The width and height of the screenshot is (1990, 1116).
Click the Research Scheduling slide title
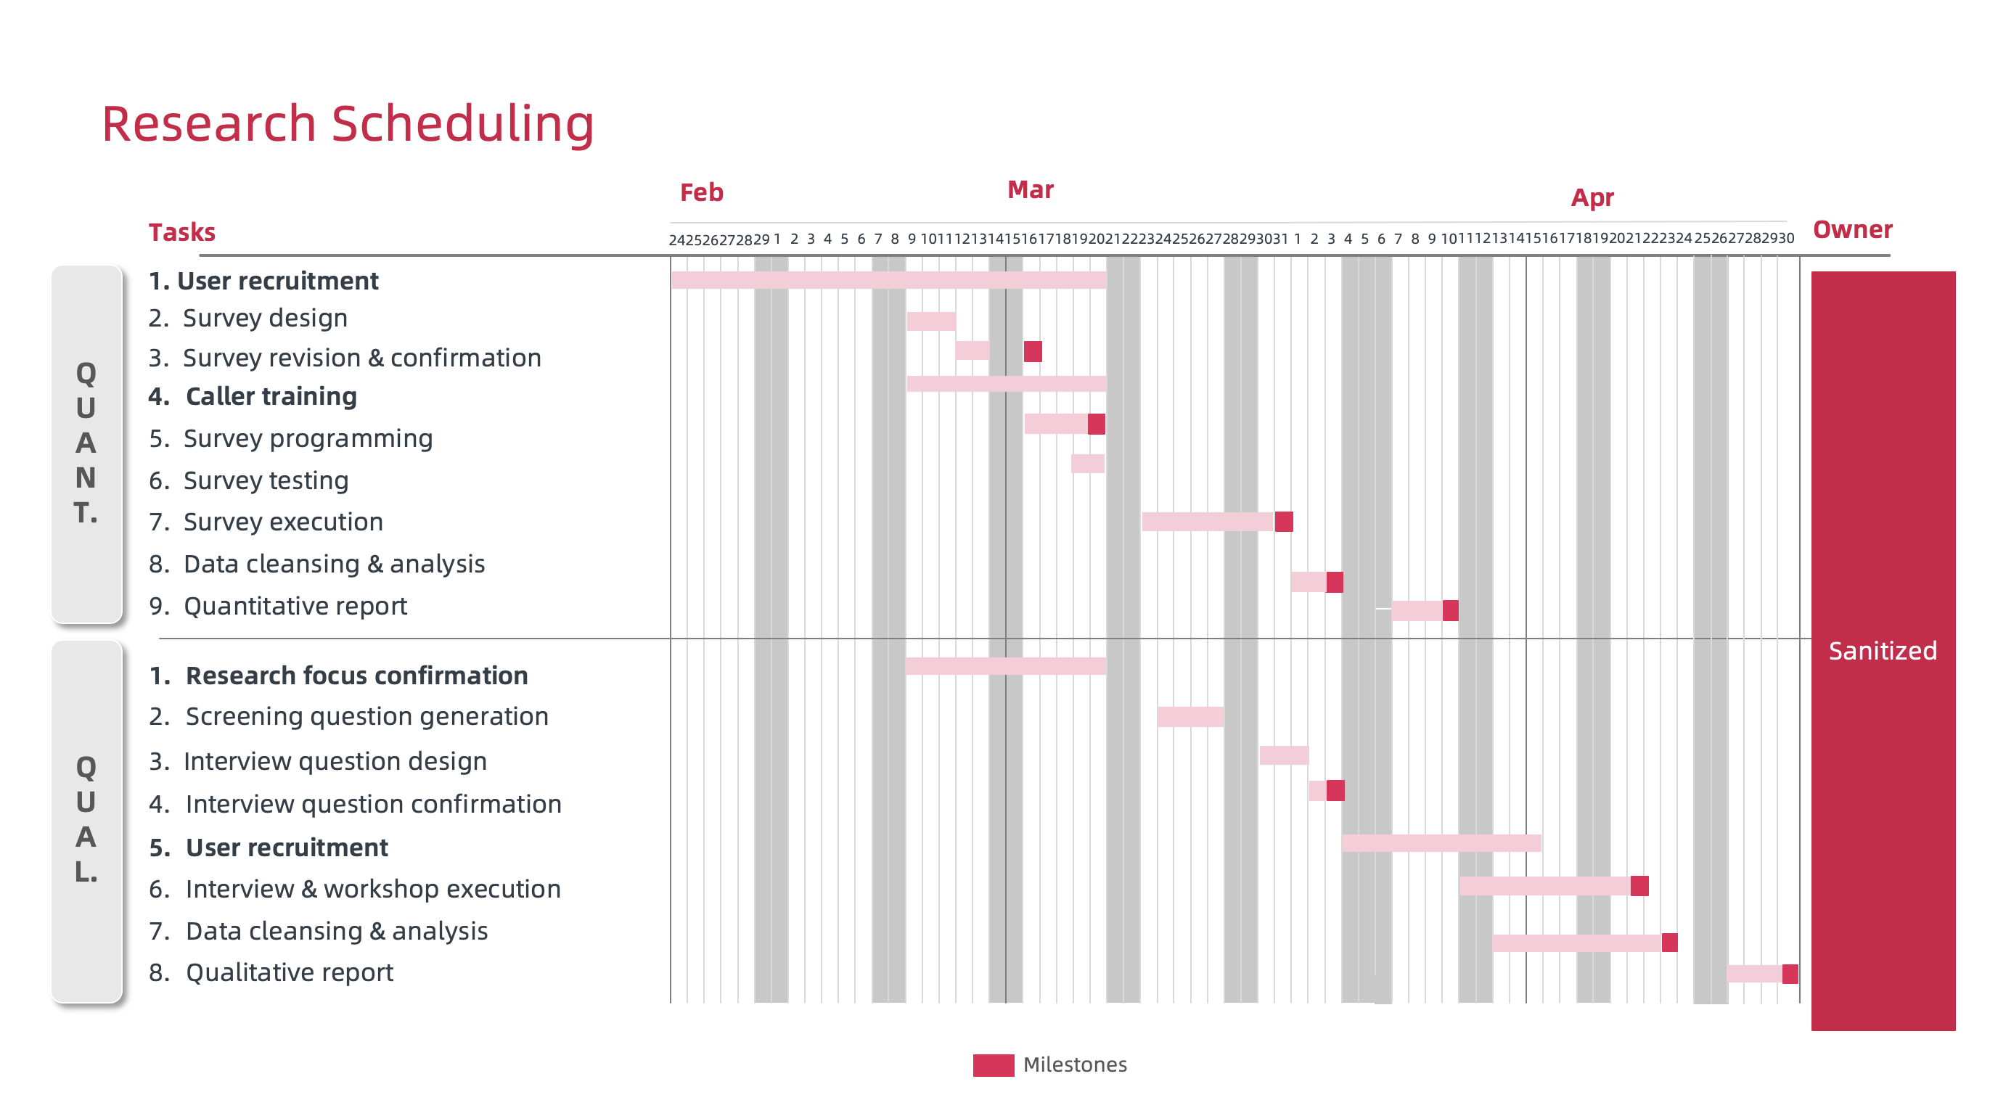coord(348,123)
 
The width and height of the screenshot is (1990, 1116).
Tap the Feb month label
coord(700,192)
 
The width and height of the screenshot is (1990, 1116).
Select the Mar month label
coord(1030,190)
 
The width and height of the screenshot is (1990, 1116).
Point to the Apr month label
coord(1592,197)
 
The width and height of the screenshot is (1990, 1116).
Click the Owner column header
coord(1851,229)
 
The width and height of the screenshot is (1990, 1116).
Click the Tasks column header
coord(181,232)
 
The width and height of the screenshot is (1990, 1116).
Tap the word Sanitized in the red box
coord(1882,650)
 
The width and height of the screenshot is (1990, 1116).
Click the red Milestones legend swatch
coord(993,1064)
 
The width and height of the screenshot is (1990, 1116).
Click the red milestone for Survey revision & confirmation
coord(1032,351)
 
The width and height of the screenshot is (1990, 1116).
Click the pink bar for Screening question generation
coord(1190,717)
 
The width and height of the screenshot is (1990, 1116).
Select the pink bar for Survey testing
coord(1087,464)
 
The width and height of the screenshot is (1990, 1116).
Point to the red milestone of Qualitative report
coord(1789,973)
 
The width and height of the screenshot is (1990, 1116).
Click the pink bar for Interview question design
coord(1283,755)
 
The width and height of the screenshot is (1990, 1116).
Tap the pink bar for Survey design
coord(930,321)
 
